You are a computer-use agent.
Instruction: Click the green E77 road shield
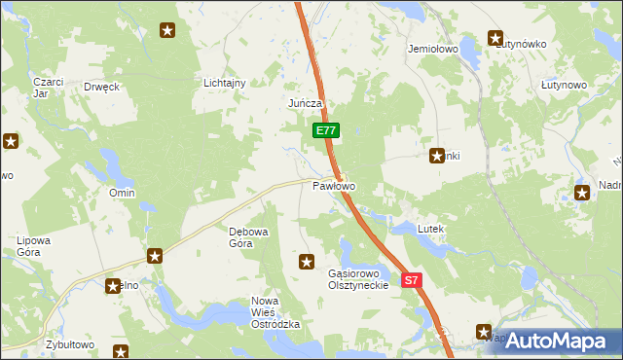pyautogui.click(x=326, y=129)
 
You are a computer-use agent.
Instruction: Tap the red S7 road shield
pyautogui.click(x=412, y=280)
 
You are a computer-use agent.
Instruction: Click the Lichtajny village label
pyautogui.click(x=224, y=83)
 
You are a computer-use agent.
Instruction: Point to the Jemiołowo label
pyautogui.click(x=433, y=48)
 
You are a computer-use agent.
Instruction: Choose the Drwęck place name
pyautogui.click(x=101, y=86)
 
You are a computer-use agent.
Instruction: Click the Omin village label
pyautogui.click(x=122, y=193)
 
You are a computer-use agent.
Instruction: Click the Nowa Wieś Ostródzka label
pyautogui.click(x=274, y=313)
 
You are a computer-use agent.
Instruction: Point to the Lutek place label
pyautogui.click(x=430, y=229)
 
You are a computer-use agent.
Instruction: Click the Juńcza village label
pyautogui.click(x=304, y=102)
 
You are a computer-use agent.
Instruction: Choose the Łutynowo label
pyautogui.click(x=564, y=85)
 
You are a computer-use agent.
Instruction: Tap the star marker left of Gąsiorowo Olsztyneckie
pyautogui.click(x=307, y=261)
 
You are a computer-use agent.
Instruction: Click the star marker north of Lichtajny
pyautogui.click(x=167, y=31)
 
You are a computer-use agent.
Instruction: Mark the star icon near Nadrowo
pyautogui.click(x=582, y=193)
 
